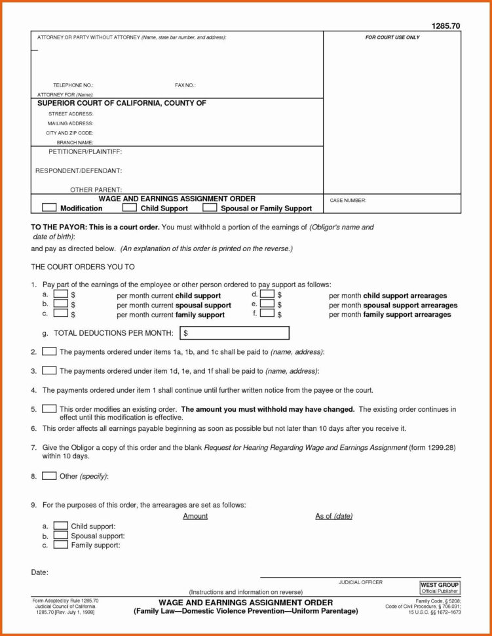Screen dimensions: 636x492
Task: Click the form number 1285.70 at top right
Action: tap(445, 26)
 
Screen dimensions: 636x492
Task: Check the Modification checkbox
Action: tap(50, 208)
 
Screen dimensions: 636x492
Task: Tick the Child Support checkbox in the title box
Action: tap(130, 208)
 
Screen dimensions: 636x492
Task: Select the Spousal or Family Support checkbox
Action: tap(210, 208)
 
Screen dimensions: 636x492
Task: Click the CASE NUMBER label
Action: tap(348, 201)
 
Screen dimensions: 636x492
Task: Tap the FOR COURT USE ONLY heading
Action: tap(392, 37)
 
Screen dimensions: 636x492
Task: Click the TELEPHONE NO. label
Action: tap(73, 85)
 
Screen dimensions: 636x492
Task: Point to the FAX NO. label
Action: tap(185, 85)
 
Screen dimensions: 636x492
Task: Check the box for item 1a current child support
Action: tap(60, 295)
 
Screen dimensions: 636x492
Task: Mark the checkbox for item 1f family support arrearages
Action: tap(267, 313)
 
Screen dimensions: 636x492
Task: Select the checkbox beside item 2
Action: tap(49, 352)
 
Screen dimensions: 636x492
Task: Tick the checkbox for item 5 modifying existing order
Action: tap(49, 408)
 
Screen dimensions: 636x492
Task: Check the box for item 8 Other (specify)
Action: tap(49, 476)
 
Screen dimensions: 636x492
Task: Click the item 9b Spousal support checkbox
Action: tap(60, 535)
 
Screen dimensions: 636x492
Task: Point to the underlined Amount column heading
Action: tap(195, 516)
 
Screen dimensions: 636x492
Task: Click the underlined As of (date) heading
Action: tap(333, 516)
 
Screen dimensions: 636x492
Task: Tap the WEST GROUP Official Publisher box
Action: tap(440, 587)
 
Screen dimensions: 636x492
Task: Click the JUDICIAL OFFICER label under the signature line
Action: tap(360, 582)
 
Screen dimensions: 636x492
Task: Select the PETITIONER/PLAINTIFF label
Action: tap(85, 151)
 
